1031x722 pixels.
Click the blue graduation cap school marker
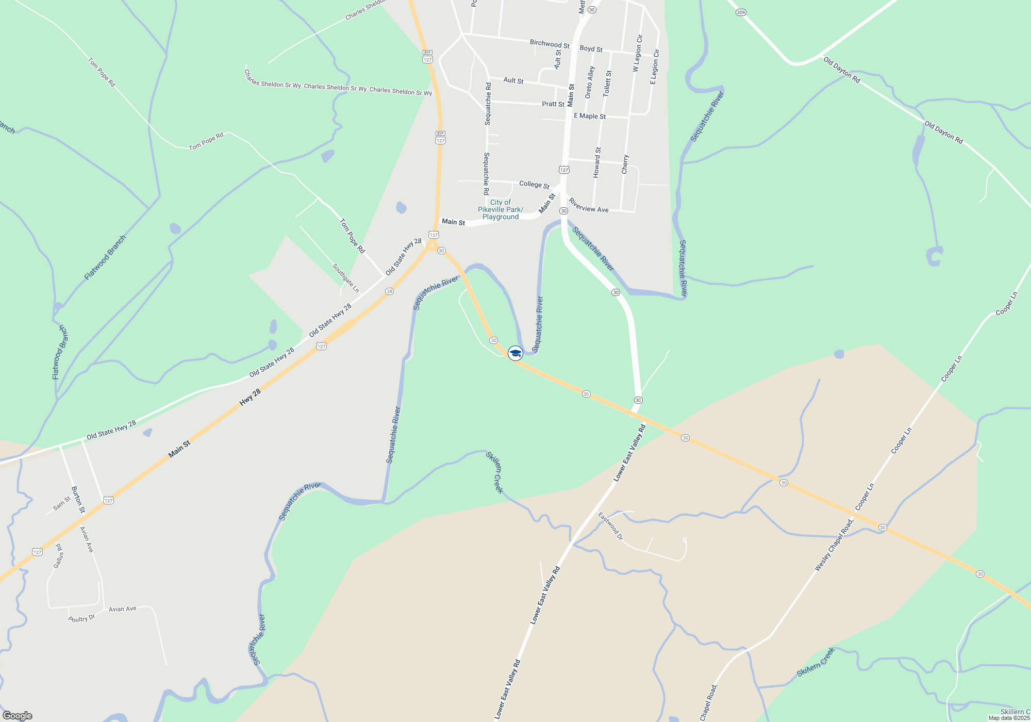(515, 353)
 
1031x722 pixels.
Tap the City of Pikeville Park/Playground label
(500, 210)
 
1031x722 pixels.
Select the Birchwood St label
(550, 44)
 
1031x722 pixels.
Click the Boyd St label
(591, 49)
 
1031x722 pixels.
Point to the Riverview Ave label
(588, 206)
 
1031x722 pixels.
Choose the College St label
(534, 184)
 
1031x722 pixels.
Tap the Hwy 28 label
(250, 397)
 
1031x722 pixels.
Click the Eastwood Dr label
(610, 526)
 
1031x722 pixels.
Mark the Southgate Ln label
(345, 278)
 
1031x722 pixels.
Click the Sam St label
(62, 503)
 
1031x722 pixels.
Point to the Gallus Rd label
(59, 556)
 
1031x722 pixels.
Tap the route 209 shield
(741, 12)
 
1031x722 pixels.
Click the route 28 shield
(389, 291)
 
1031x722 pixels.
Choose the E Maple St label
(590, 116)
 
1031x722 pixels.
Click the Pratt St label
(553, 104)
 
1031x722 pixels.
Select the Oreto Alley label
(590, 83)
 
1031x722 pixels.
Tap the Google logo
(17, 716)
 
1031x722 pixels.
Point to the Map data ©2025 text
(1009, 718)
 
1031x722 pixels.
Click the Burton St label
(77, 500)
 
